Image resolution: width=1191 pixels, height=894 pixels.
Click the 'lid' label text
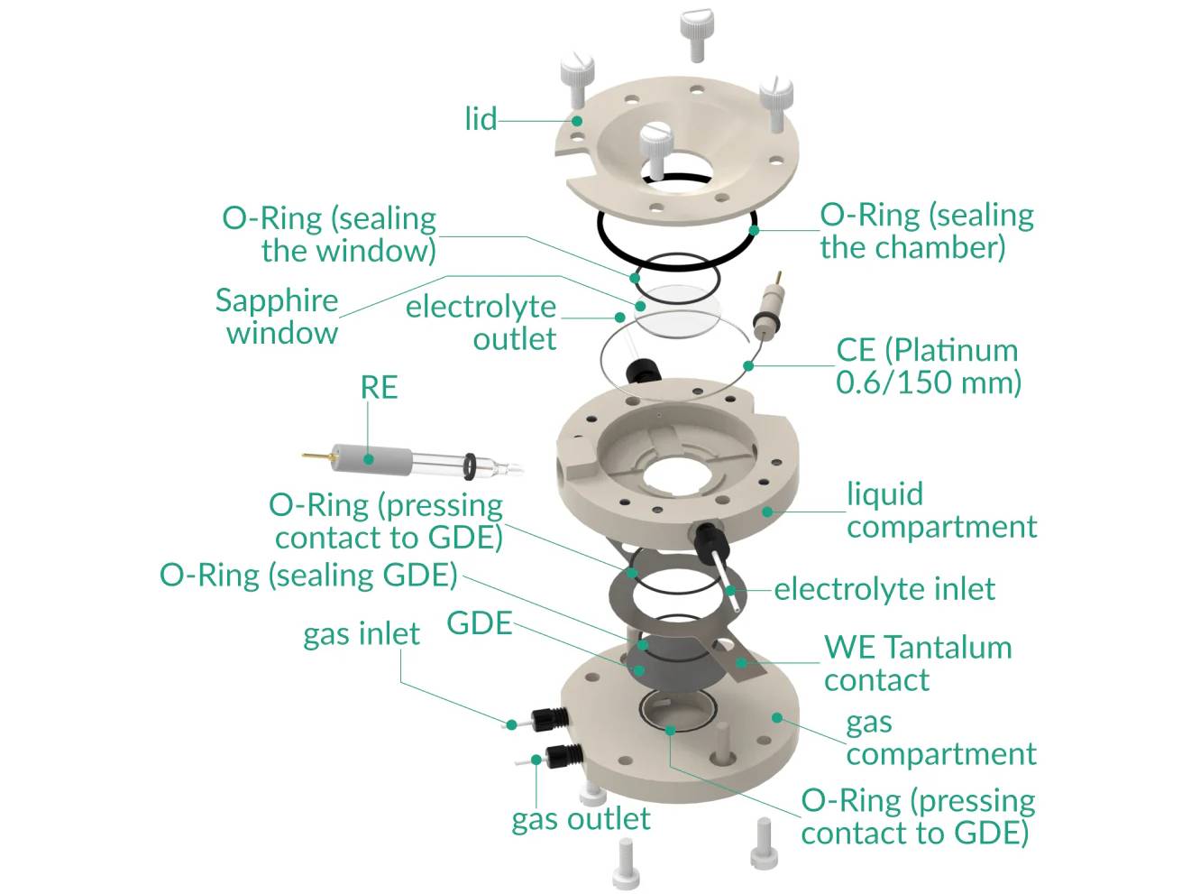point(481,119)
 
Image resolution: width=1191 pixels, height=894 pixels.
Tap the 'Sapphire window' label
point(278,317)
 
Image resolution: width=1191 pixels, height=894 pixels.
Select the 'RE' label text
point(379,388)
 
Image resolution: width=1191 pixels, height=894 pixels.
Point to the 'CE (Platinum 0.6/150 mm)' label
point(929,366)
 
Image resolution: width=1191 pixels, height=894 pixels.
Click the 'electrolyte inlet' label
point(884,589)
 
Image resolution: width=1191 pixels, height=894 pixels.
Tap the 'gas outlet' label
point(581,819)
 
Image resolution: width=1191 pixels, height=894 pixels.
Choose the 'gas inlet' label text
point(361,634)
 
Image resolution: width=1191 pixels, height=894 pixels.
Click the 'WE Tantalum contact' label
point(917,663)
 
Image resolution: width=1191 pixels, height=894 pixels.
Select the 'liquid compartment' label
point(940,510)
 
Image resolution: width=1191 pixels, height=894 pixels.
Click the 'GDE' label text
point(479,623)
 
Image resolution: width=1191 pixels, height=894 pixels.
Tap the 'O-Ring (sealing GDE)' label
point(308,575)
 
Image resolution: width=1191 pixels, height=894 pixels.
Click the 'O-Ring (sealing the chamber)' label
point(926,231)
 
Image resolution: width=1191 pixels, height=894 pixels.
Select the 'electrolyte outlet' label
point(481,322)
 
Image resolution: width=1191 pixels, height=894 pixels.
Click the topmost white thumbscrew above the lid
point(695,31)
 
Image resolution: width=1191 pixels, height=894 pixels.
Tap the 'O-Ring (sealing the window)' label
point(330,234)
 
